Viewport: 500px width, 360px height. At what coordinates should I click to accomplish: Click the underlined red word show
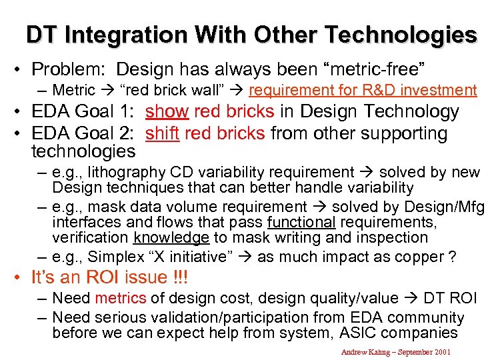[x=167, y=111]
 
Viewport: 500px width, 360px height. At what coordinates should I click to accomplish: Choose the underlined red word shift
[x=162, y=133]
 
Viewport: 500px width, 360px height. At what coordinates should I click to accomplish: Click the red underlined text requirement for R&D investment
[x=363, y=90]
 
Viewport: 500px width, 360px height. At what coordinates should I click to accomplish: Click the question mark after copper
[x=452, y=257]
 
